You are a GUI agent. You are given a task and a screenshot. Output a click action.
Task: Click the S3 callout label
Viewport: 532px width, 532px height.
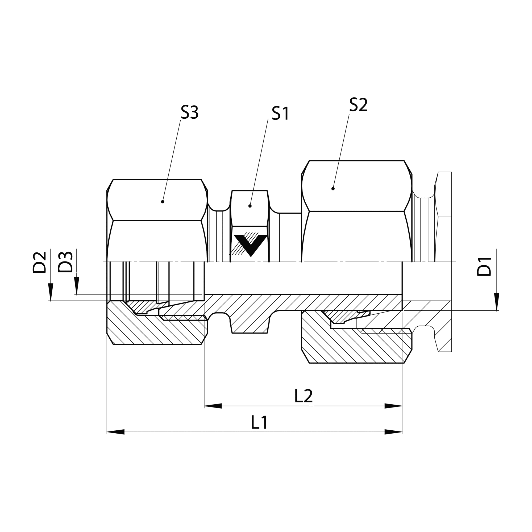189,112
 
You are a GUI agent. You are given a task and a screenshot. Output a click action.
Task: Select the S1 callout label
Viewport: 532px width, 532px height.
280,114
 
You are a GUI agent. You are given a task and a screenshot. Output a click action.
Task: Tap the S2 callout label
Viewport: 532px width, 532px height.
358,105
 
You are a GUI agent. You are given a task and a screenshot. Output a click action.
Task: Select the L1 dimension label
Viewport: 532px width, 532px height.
259,422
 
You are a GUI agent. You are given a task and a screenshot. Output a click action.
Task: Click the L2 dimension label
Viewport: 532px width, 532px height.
304,396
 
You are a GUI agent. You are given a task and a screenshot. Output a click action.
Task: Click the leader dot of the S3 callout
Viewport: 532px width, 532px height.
163,202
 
